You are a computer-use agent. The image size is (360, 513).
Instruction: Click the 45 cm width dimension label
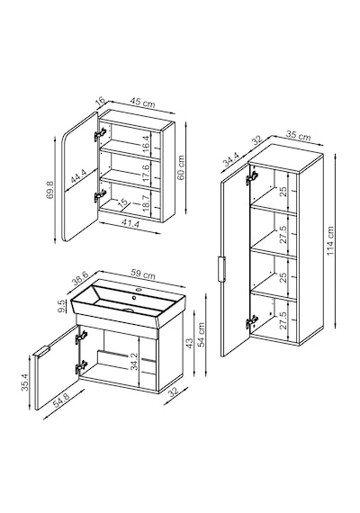[142, 102]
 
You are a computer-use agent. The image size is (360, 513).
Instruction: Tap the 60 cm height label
[181, 167]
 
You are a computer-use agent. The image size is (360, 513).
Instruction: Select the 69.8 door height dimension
[50, 189]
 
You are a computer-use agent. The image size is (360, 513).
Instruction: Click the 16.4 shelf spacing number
[146, 141]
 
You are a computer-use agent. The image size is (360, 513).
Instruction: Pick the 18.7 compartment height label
[146, 203]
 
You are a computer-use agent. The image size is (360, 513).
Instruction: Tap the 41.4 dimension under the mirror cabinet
[130, 224]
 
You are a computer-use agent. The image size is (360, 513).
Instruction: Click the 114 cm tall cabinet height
[330, 241]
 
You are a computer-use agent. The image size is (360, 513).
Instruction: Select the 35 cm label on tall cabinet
[298, 135]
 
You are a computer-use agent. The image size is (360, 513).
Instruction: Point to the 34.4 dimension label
[230, 159]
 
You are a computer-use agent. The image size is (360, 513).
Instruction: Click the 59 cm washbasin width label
[143, 274]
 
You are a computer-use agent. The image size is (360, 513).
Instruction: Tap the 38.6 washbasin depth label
[80, 278]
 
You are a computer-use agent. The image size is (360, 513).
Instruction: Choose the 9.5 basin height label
[61, 306]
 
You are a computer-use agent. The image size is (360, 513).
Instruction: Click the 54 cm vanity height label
[201, 334]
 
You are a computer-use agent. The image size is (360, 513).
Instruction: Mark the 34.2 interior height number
[133, 362]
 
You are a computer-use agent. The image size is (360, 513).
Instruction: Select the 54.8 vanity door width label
[61, 400]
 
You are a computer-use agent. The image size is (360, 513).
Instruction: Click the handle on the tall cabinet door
[221, 269]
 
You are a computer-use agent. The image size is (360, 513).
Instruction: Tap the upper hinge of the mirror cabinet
[100, 134]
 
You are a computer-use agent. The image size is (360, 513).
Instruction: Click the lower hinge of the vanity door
[81, 367]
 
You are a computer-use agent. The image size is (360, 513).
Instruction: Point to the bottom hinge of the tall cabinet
[252, 322]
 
